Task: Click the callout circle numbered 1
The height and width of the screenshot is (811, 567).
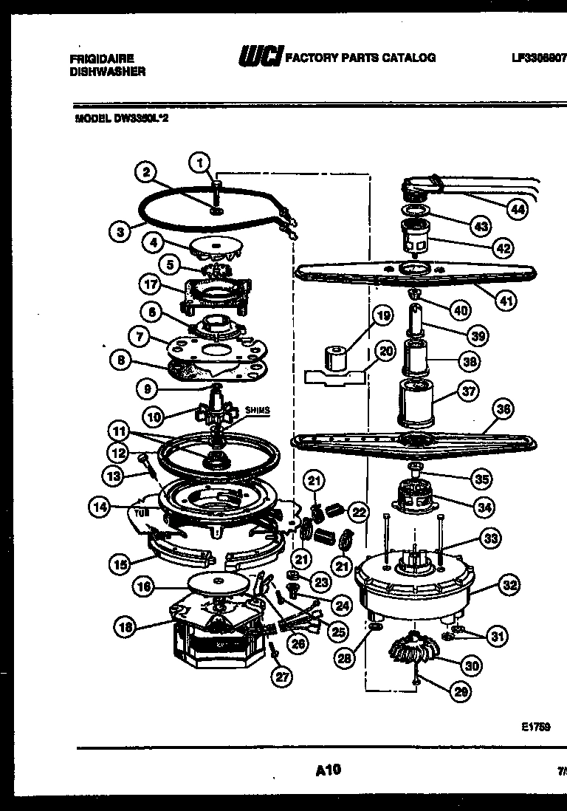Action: coord(198,160)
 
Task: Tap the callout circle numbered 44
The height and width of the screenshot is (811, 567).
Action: coord(519,209)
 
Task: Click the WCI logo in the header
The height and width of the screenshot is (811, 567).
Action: coord(258,57)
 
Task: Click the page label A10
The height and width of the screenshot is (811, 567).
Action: coord(328,770)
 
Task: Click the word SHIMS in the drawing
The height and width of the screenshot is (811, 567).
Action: coord(249,411)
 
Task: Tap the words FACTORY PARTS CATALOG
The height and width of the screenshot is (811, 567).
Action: coord(360,57)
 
